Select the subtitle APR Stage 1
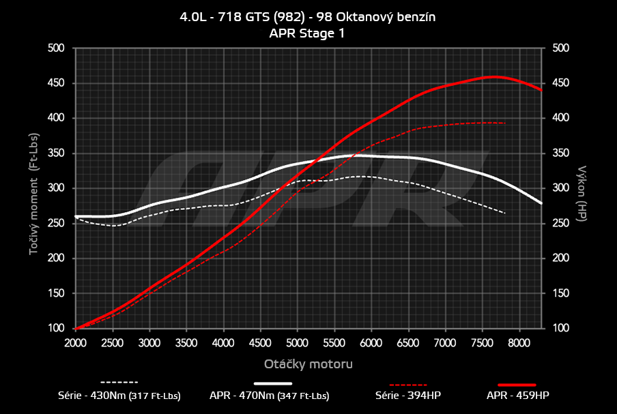click(308, 33)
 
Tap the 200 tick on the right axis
click(560, 258)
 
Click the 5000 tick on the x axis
click(297, 342)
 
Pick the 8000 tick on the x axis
click(519, 342)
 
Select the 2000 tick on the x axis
click(75, 342)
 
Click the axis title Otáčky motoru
click(308, 364)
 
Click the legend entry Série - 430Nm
click(119, 396)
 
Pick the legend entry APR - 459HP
click(517, 396)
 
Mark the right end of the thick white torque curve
click(541, 203)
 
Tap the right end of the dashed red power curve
click(505, 123)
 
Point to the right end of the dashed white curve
click(505, 213)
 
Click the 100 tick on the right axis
click(560, 329)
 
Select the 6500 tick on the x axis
click(408, 342)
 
